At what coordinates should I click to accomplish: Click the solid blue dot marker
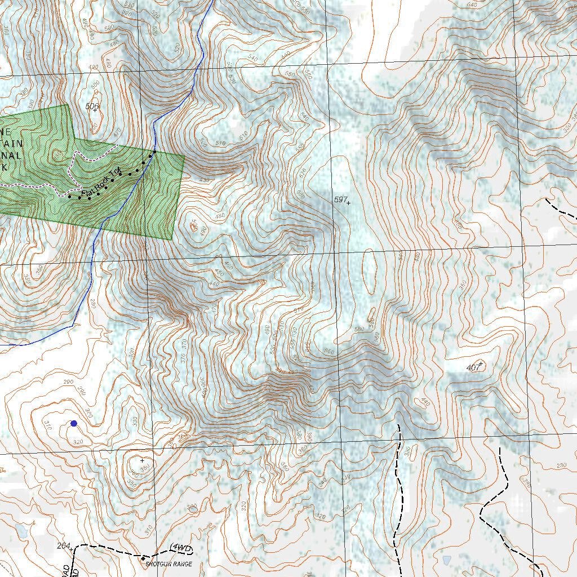pyautogui.click(x=73, y=423)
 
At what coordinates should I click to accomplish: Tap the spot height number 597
pyautogui.click(x=340, y=200)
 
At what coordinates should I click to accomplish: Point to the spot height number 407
pyautogui.click(x=473, y=368)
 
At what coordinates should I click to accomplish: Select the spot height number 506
pyautogui.click(x=92, y=105)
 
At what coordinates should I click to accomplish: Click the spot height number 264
pyautogui.click(x=64, y=545)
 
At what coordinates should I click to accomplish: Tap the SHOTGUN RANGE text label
pyautogui.click(x=169, y=564)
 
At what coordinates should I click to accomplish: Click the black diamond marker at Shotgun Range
pyautogui.click(x=143, y=558)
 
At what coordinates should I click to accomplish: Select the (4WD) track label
pyautogui.click(x=181, y=548)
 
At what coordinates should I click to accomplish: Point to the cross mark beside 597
pyautogui.click(x=349, y=202)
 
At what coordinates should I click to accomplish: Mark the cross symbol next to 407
pyautogui.click(x=481, y=364)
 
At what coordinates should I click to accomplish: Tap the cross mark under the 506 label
pyautogui.click(x=95, y=110)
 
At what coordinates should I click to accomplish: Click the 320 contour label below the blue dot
pyautogui.click(x=78, y=442)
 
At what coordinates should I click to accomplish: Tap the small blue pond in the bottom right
pyautogui.click(x=447, y=560)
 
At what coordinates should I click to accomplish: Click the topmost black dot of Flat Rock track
pyautogui.click(x=154, y=152)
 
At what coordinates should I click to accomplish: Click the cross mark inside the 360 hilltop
pyautogui.click(x=142, y=460)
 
